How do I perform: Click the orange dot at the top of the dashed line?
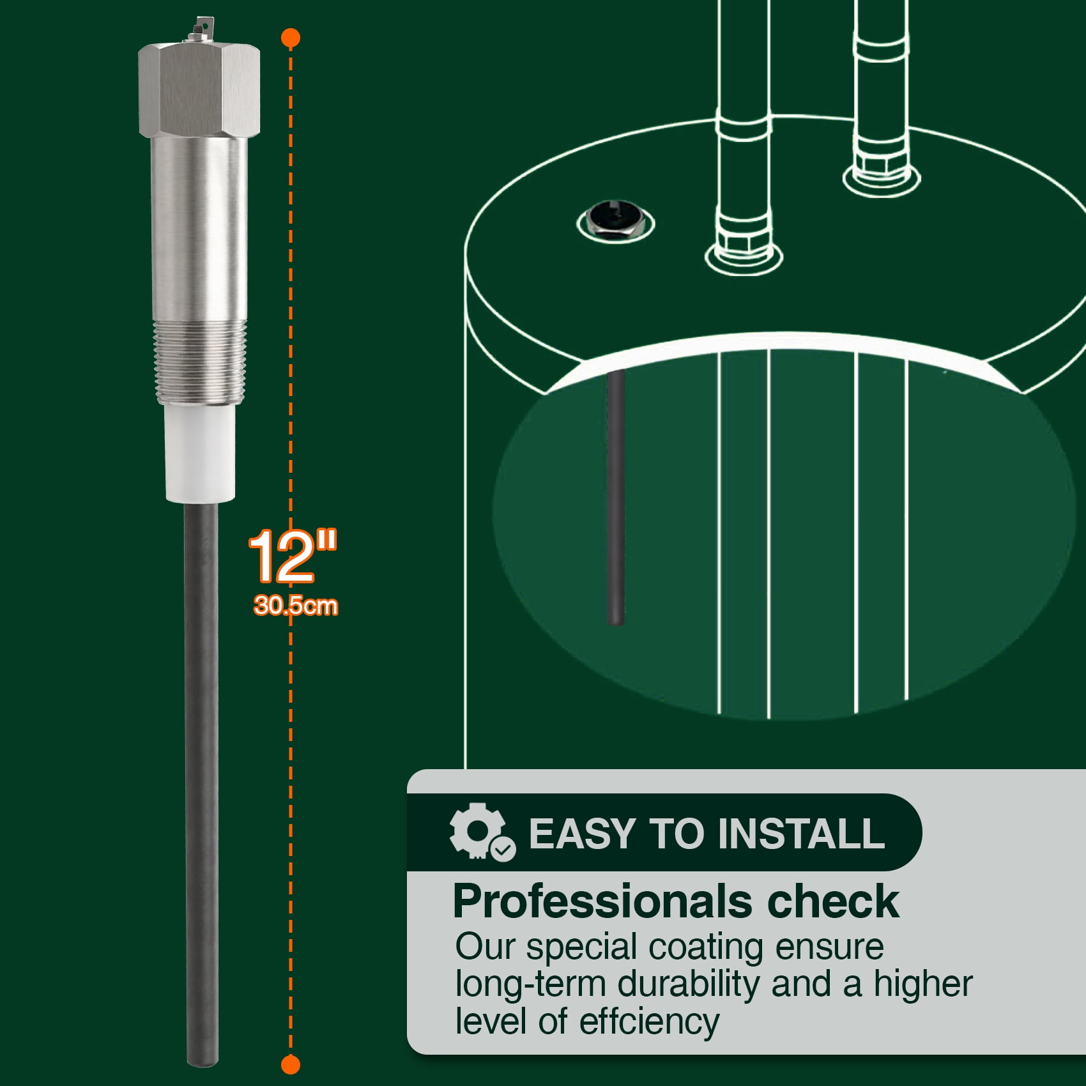291,38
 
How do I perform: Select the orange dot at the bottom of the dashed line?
291,1064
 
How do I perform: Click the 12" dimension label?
293,556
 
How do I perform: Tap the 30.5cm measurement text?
296,605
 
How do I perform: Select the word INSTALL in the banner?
801,834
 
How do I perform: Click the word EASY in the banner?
581,834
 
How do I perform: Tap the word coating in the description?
706,948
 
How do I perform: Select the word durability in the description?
689,984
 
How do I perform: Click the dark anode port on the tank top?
615,222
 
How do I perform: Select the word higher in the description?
923,984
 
